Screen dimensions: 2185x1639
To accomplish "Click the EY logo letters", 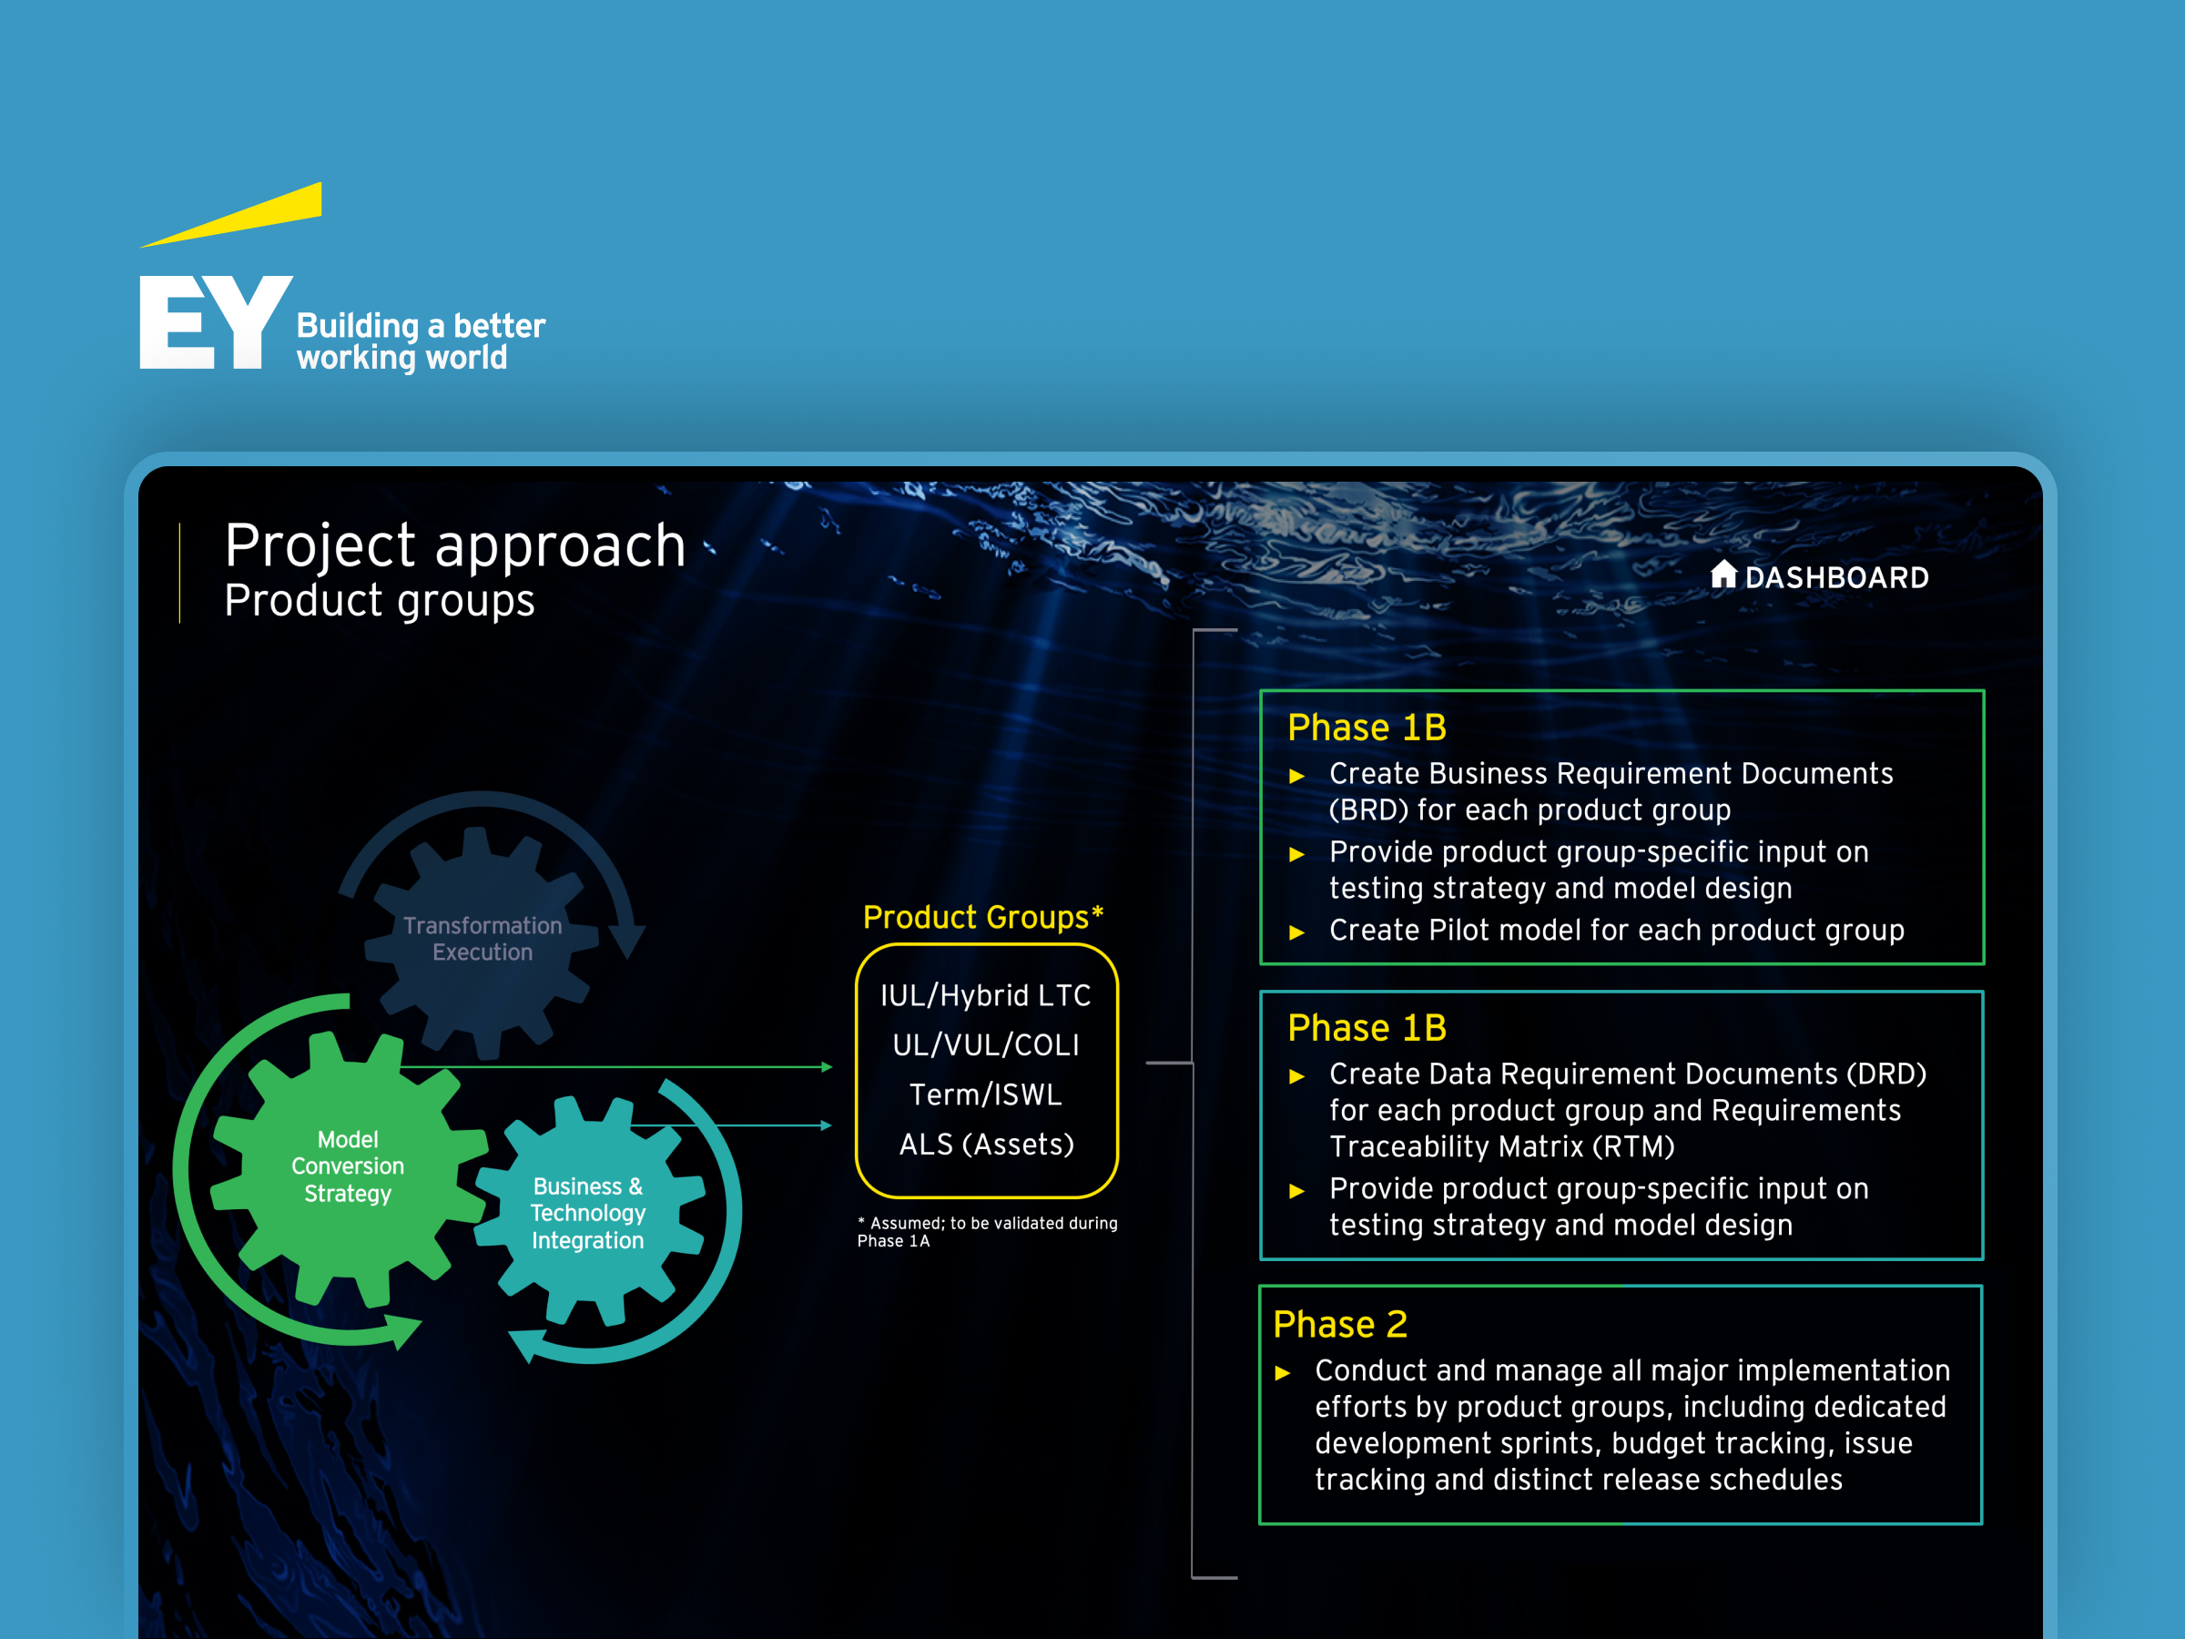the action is (216, 322).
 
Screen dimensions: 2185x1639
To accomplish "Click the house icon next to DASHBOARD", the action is (1723, 574).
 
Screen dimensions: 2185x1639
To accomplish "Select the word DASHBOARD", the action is (1836, 578).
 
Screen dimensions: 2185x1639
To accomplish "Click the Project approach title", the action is (455, 545).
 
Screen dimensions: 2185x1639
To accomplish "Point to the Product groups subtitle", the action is (380, 601).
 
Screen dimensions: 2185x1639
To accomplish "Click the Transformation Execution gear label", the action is (482, 939).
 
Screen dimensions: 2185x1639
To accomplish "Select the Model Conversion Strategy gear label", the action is (348, 1166).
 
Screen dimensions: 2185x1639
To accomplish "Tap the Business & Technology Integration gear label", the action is (588, 1213).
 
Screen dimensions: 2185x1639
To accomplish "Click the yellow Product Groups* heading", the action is (983, 917).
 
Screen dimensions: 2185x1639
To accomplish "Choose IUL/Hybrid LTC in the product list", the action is (986, 996).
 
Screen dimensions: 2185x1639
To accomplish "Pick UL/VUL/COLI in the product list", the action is (986, 1045).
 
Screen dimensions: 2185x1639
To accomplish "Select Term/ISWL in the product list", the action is (986, 1094).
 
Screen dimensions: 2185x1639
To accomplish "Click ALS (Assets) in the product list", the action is (986, 1144).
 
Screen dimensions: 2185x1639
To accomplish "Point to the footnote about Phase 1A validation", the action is (987, 1232).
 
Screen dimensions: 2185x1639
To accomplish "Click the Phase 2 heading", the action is (1339, 1325).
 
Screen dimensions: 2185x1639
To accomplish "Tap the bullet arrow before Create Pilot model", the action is (1297, 931).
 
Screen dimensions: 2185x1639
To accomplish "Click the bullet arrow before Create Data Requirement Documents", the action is (1297, 1076).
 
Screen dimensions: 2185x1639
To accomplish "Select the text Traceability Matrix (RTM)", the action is (1501, 1147).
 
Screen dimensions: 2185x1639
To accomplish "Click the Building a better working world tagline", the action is (421, 341).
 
